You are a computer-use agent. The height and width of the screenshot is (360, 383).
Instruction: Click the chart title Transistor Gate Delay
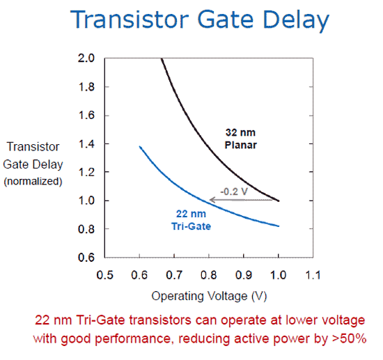pos(200,21)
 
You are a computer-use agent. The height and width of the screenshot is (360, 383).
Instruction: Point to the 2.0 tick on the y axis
pos(86,58)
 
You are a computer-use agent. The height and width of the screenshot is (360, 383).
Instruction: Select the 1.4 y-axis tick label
pos(86,144)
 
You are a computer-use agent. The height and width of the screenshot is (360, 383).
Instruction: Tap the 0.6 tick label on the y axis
pos(86,258)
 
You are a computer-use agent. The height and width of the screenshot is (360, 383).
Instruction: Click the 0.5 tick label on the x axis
pos(104,275)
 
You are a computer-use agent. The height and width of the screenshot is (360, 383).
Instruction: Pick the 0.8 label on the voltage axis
pos(209,275)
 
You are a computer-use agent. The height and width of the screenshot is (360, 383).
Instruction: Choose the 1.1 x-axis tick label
pos(313,275)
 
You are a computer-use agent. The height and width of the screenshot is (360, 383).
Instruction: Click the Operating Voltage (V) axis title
pos(209,297)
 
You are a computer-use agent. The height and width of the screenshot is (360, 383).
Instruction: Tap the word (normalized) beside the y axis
pos(33,182)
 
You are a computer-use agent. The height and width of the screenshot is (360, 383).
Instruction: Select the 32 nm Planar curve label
pos(241,139)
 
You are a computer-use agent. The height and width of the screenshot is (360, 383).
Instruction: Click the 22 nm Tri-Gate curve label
pos(191,220)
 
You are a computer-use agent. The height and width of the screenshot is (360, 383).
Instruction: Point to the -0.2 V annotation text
pos(234,191)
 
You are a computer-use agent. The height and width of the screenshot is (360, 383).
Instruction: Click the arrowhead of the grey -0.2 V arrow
pos(210,200)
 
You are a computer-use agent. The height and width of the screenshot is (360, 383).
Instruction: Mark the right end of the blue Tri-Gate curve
pos(279,226)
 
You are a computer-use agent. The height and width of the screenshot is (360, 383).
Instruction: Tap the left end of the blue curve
pos(140,146)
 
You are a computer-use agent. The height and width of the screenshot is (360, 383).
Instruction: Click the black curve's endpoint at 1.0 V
pos(279,201)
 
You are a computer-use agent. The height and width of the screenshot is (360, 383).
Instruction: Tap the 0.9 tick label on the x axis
pos(244,275)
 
